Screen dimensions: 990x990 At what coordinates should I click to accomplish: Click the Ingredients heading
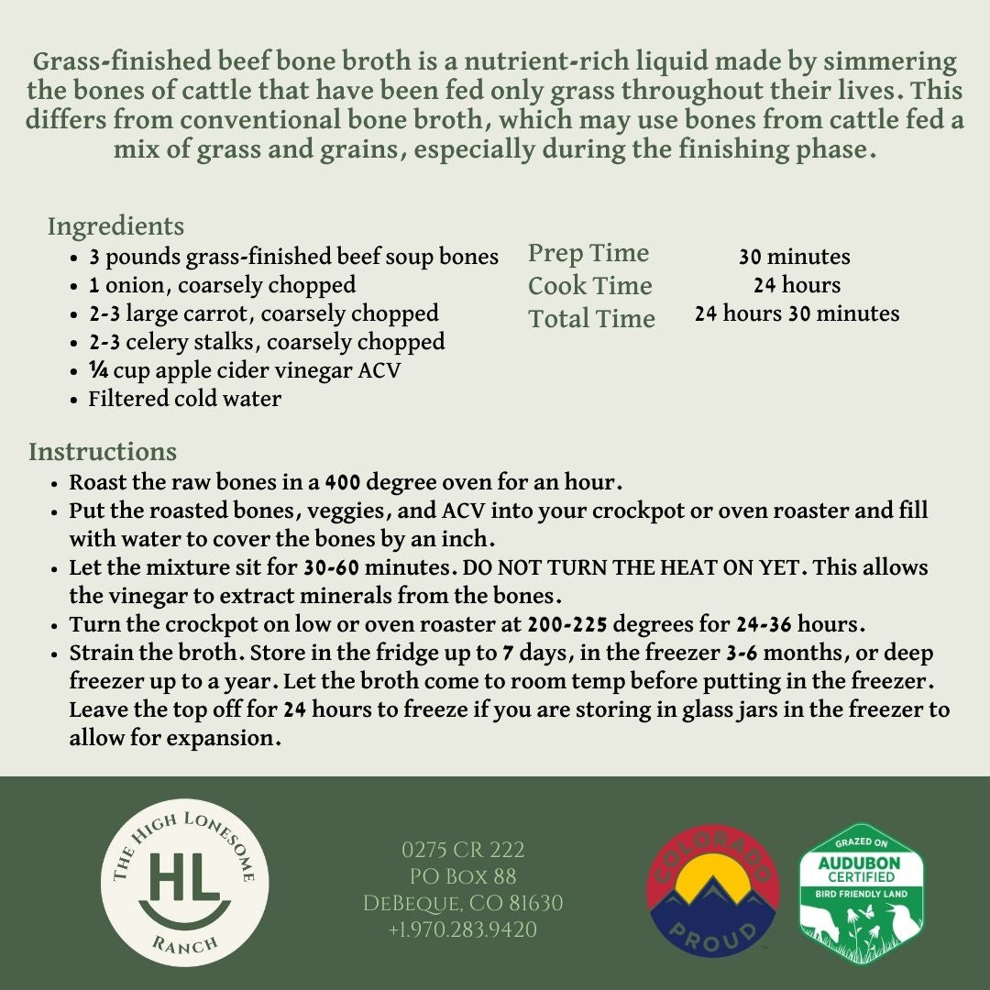tap(115, 226)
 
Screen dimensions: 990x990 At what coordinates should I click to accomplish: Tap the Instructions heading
tap(102, 452)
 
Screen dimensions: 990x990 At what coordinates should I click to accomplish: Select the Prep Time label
tap(588, 253)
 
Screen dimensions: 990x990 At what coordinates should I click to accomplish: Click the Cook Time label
tap(589, 286)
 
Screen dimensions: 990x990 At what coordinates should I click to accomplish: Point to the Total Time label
tap(591, 319)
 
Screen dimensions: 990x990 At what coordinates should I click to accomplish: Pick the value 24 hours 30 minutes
tap(797, 313)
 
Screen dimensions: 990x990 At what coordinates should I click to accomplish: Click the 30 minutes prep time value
tap(794, 258)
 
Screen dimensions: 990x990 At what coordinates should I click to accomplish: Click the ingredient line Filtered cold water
tap(184, 399)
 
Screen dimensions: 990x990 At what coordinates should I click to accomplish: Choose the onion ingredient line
tap(222, 285)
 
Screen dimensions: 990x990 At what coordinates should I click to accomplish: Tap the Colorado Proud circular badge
tap(713, 890)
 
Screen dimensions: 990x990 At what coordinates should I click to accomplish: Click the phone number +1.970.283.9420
tap(462, 929)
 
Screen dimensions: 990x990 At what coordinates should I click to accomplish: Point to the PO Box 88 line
tap(462, 876)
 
